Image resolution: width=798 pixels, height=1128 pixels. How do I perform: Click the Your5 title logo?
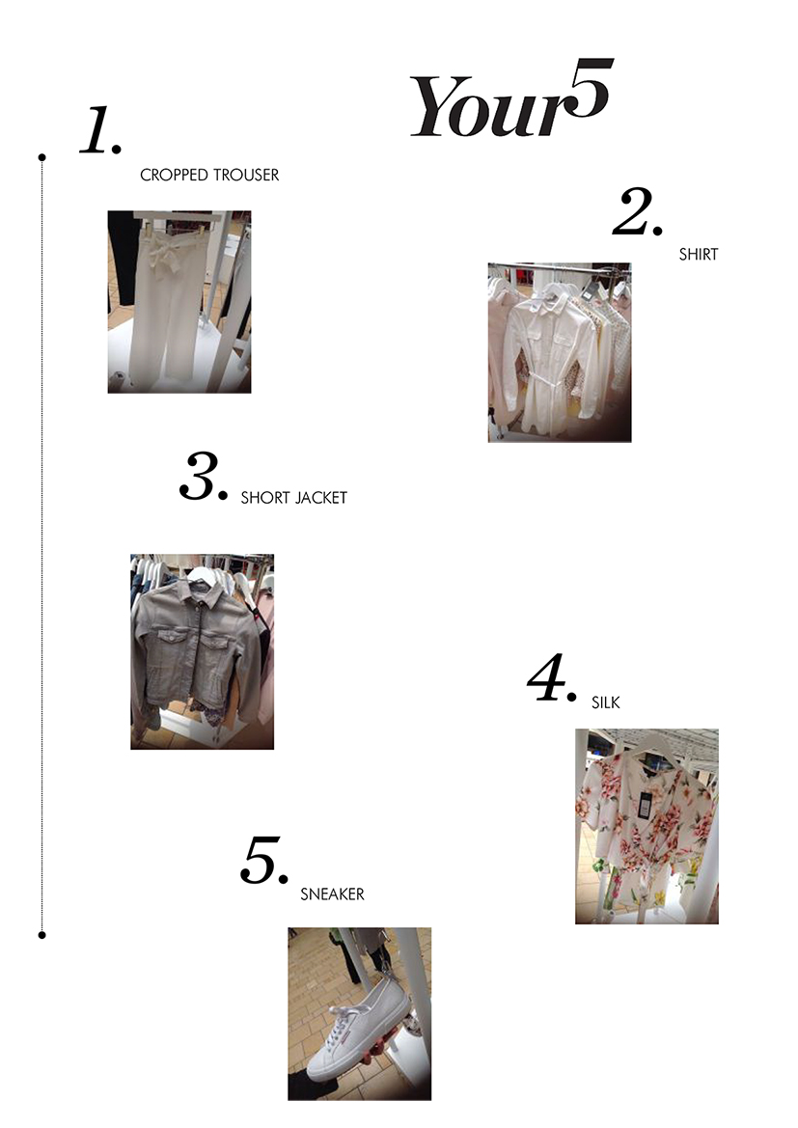click(510, 98)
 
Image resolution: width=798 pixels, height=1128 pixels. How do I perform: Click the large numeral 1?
click(100, 130)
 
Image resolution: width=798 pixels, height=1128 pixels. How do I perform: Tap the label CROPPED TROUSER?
click(209, 175)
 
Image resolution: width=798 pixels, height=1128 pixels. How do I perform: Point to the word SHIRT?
click(699, 254)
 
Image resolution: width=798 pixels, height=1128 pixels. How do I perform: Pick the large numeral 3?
click(204, 476)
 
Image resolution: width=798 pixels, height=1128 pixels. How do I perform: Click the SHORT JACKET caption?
click(293, 498)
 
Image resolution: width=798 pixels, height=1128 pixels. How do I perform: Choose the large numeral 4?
click(552, 678)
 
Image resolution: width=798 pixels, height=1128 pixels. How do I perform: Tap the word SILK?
click(606, 702)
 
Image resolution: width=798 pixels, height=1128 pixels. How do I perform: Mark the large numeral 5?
click(264, 861)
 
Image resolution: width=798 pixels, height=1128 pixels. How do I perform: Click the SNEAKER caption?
click(333, 894)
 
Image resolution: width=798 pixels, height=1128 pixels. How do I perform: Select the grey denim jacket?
click(193, 651)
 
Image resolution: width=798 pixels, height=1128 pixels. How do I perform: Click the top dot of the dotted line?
click(41, 157)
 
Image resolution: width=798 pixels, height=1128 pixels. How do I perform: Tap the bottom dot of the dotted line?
click(41, 935)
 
